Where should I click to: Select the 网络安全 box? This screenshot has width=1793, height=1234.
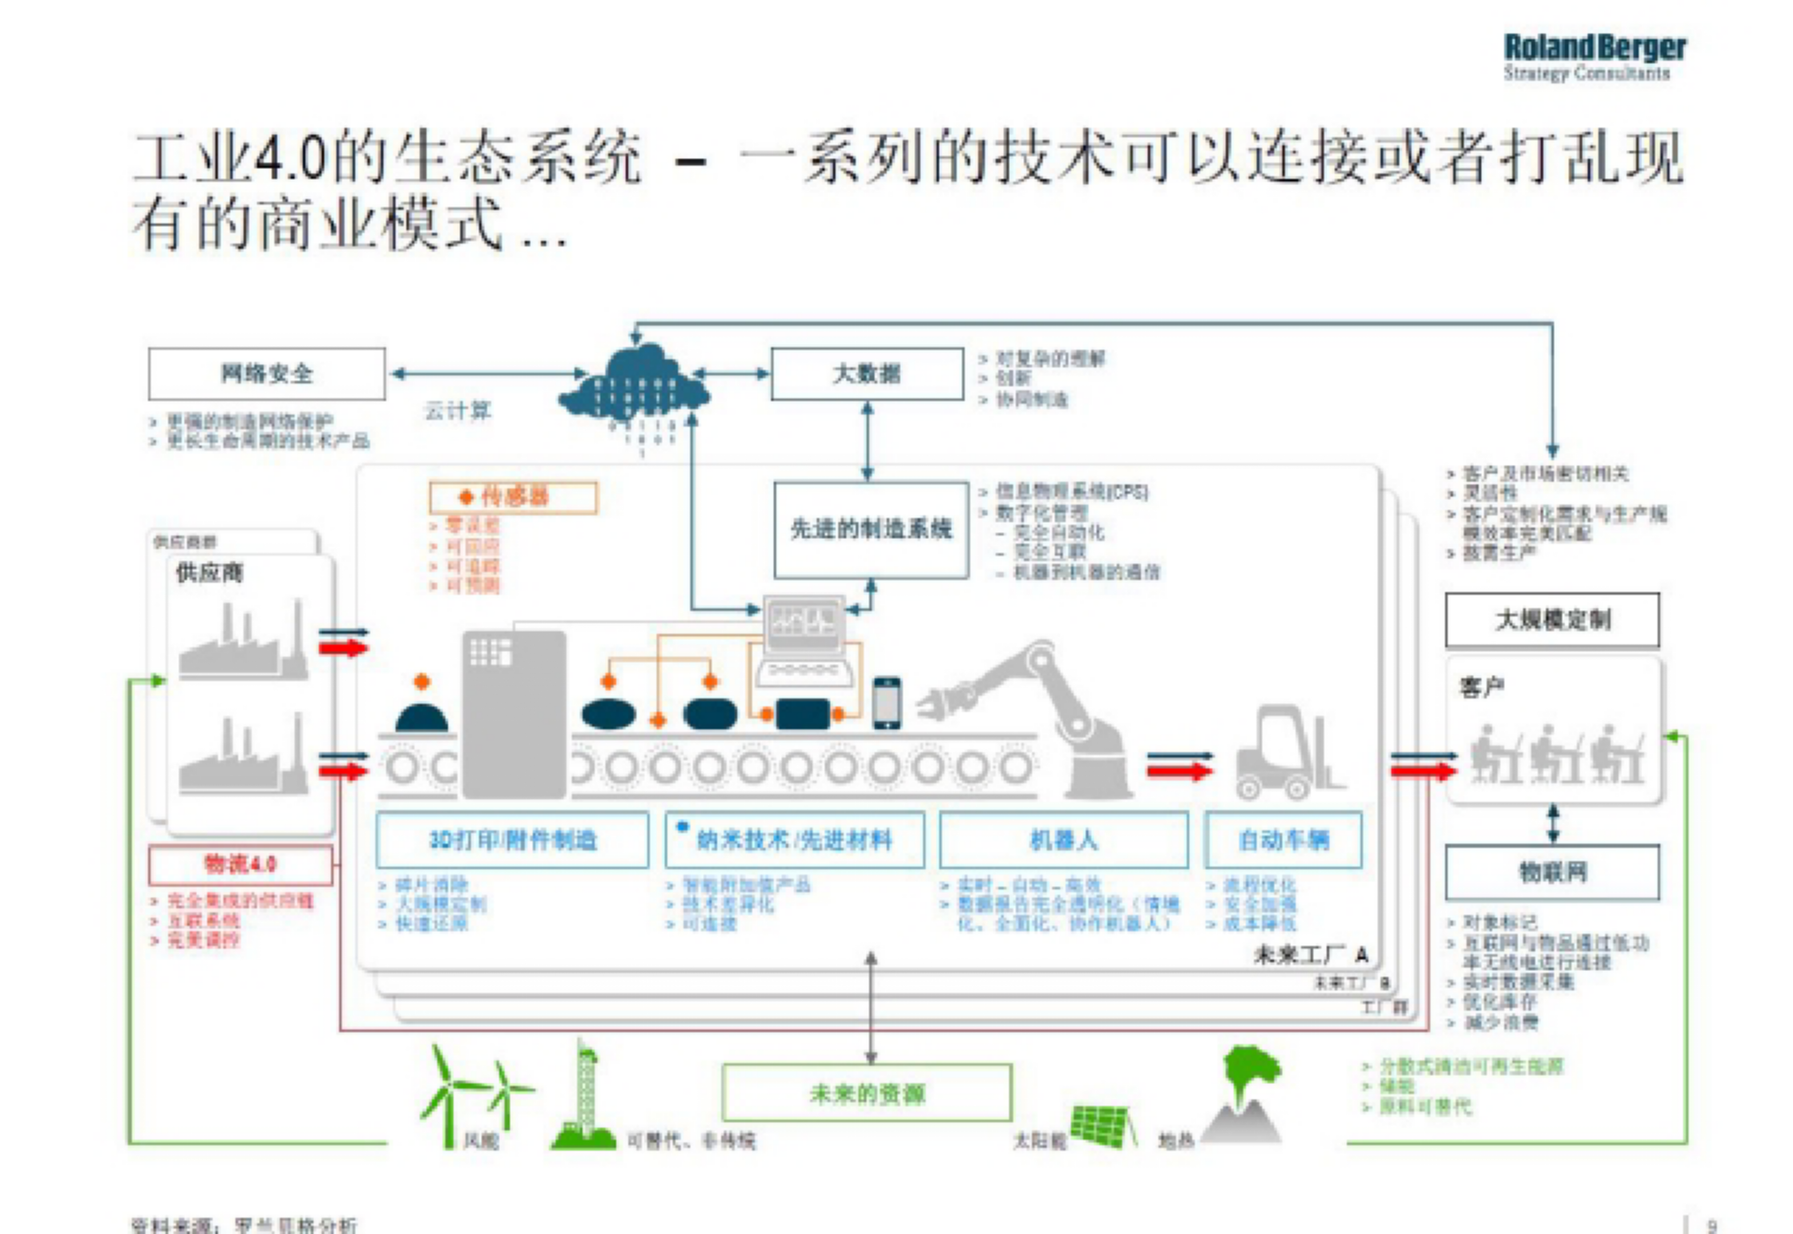pyautogui.click(x=267, y=374)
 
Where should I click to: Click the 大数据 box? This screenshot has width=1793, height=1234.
pyautogui.click(x=867, y=374)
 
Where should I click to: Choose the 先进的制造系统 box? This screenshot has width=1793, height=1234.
pyautogui.click(x=871, y=529)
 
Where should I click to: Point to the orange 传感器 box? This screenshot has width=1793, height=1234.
pyautogui.click(x=513, y=497)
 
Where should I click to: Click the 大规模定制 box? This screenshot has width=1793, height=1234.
pyautogui.click(x=1552, y=619)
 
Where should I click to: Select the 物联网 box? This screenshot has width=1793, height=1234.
pyautogui.click(x=1552, y=872)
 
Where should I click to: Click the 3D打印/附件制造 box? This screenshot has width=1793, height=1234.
pyautogui.click(x=513, y=840)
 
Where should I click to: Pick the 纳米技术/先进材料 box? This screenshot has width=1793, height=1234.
pyautogui.click(x=795, y=840)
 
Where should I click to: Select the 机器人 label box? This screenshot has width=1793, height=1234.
pyautogui.click(x=1063, y=840)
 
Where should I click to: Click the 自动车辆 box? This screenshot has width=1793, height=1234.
pyautogui.click(x=1283, y=840)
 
